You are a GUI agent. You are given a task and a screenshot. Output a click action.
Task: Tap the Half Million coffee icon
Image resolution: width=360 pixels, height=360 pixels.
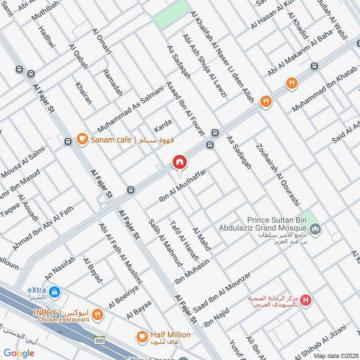[x=142, y=336]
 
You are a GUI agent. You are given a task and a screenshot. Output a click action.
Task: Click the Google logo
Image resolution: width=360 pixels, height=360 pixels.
[x=19, y=353]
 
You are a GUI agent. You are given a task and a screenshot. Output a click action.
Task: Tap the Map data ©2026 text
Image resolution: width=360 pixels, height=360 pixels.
[x=335, y=355]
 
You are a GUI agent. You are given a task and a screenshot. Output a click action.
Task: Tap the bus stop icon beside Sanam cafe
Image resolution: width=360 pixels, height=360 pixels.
[x=68, y=141]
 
